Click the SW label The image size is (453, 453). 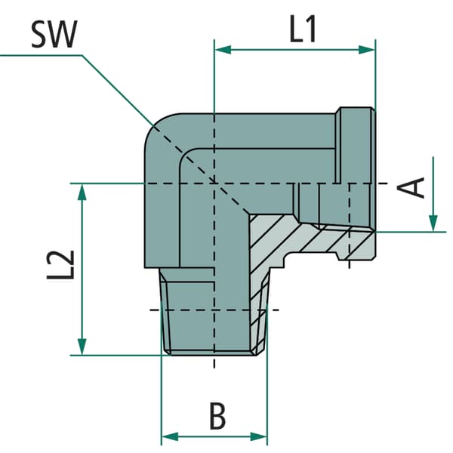point(54,34)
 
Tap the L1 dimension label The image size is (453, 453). point(303,29)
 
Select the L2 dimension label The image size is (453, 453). point(61,265)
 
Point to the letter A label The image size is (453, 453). point(411,188)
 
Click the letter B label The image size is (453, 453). point(217,416)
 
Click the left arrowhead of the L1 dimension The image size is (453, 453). point(223,50)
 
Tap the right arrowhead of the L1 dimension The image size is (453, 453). point(366,50)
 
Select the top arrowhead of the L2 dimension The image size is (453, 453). point(82,192)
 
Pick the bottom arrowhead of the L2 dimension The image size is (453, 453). point(82,347)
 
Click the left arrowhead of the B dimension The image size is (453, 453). point(170,436)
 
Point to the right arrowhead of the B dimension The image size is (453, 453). point(258,436)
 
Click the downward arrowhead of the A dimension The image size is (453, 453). point(433,223)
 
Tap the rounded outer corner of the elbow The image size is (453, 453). point(156,125)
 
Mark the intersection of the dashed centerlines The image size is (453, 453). point(214,183)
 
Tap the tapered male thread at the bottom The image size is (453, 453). point(214,311)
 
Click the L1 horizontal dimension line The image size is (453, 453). point(294,50)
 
